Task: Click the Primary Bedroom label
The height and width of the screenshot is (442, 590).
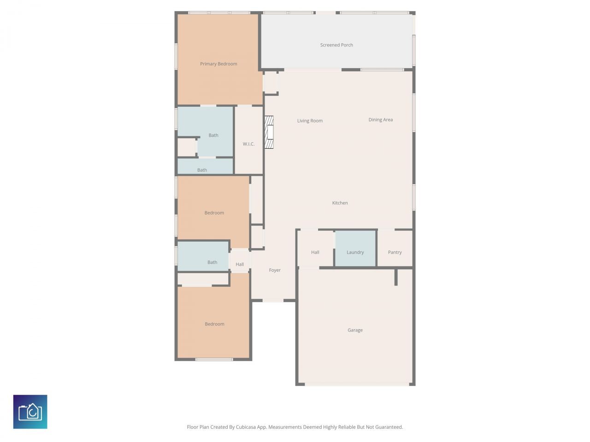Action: coord(218,64)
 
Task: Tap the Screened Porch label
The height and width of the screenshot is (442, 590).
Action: coord(336,45)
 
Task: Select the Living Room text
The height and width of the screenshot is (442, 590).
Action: coord(310,121)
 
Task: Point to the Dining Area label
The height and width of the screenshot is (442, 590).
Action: coord(381,120)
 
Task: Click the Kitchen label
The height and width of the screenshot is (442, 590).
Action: coord(340,203)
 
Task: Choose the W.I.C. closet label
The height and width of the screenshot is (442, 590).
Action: coord(248,144)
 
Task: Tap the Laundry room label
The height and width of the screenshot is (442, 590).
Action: coord(355,252)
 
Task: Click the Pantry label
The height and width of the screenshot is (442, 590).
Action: coord(395,252)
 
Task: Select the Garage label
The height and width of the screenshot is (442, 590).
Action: coord(355,330)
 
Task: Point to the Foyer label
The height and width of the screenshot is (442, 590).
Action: coord(275,270)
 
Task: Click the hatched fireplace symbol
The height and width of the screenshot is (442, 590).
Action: coord(269,132)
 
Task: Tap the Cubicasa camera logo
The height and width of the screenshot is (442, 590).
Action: coord(30,412)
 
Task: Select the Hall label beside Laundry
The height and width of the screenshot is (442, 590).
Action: coord(315,252)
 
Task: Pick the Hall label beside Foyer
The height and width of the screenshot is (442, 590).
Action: coord(240,264)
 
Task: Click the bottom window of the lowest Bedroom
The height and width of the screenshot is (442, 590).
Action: coord(214,359)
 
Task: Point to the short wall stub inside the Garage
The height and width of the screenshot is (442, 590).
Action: coord(396,277)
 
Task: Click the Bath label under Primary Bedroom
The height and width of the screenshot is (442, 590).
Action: coord(213,135)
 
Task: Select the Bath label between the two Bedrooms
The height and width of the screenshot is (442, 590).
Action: coord(212,262)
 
